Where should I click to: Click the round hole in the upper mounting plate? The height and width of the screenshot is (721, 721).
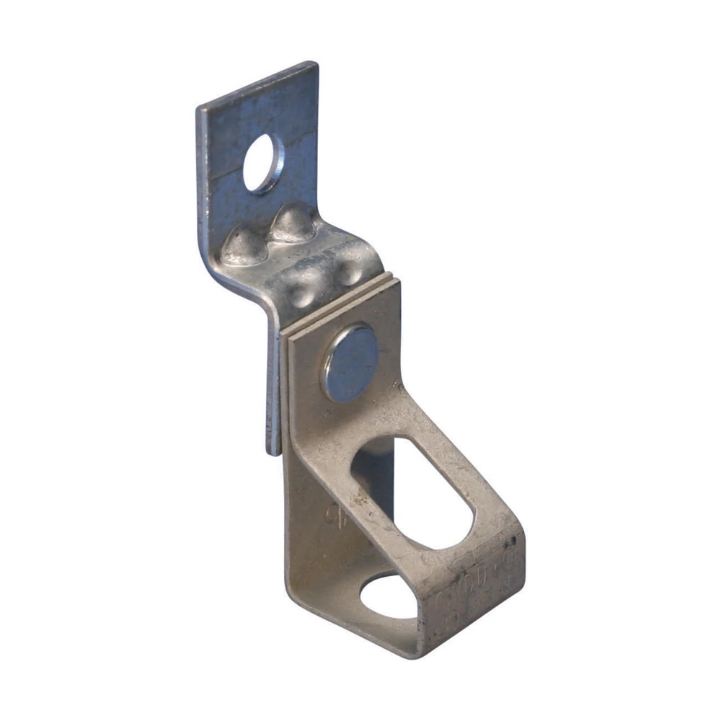coord(262,163)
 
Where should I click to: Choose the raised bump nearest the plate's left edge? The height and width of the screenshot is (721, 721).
coord(242,247)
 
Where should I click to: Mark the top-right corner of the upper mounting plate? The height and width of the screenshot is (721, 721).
coord(316,64)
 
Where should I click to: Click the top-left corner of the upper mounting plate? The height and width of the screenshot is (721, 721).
coord(200,108)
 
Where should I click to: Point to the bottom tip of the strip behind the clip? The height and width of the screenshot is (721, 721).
coord(274,451)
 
